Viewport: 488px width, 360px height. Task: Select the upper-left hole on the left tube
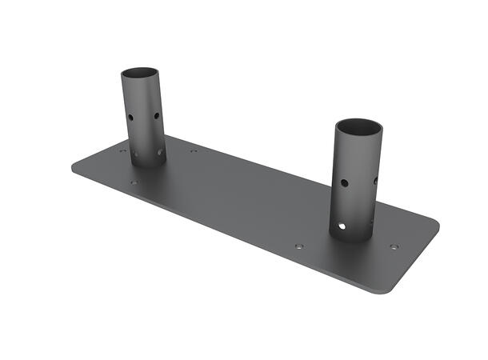[x=130, y=117]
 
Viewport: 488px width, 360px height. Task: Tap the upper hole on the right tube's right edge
[x=376, y=180]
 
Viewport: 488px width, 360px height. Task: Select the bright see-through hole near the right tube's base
[x=344, y=226]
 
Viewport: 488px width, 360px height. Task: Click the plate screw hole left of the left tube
[x=122, y=150]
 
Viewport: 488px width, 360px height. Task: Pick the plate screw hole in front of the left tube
[x=134, y=182]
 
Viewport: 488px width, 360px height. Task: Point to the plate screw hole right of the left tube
[x=194, y=150]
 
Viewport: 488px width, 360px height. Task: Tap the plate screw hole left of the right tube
[x=299, y=246]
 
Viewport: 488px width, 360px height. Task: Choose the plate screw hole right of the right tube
[x=393, y=246]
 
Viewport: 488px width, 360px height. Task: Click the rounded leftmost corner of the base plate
[x=74, y=167]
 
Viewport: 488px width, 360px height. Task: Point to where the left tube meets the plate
[x=148, y=165]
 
